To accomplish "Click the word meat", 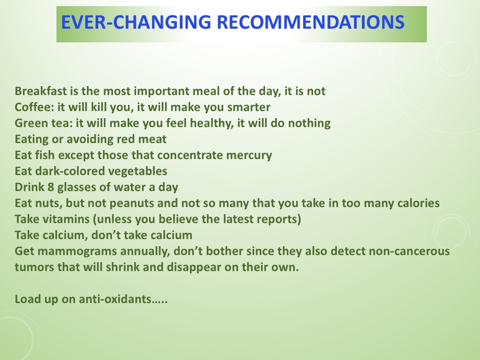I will point(153,139).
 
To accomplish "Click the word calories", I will point(417,203).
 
